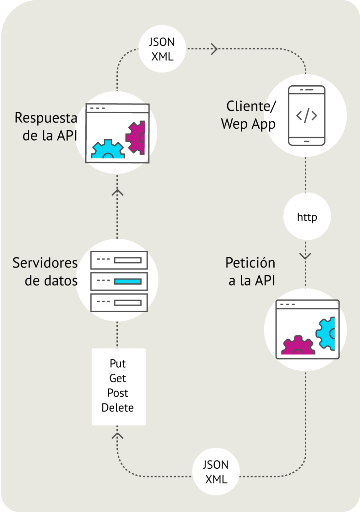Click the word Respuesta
point(46,118)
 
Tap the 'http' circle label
point(307,217)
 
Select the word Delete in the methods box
point(118,408)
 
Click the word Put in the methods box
point(118,364)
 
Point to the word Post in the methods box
point(118,393)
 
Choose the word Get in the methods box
point(118,378)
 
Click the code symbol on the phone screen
point(306,116)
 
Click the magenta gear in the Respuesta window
point(136,137)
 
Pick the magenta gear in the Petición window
point(298,346)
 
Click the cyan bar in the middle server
point(128,281)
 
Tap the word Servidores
point(45,263)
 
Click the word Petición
point(250,263)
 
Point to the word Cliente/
point(251,106)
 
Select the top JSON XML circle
point(162,49)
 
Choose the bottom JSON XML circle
point(216,472)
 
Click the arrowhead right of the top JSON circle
point(215,49)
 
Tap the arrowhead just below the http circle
point(305,256)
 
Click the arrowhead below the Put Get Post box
point(117,436)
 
